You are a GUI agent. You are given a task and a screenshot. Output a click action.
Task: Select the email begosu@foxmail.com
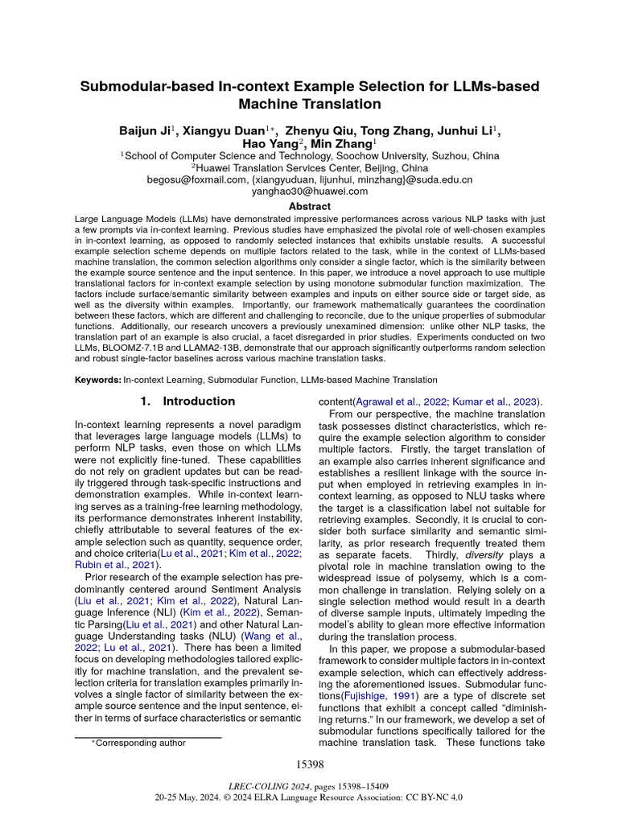point(196,179)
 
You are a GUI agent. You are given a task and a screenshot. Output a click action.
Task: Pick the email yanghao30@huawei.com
point(309,192)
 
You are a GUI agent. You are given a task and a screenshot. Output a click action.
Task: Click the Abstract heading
point(309,207)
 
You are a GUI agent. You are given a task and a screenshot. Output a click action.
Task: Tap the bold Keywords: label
point(98,380)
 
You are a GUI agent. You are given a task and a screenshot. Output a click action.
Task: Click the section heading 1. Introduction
point(187,401)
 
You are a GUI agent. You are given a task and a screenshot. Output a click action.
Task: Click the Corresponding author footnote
point(141,743)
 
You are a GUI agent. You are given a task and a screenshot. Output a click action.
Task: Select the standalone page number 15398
point(309,764)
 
